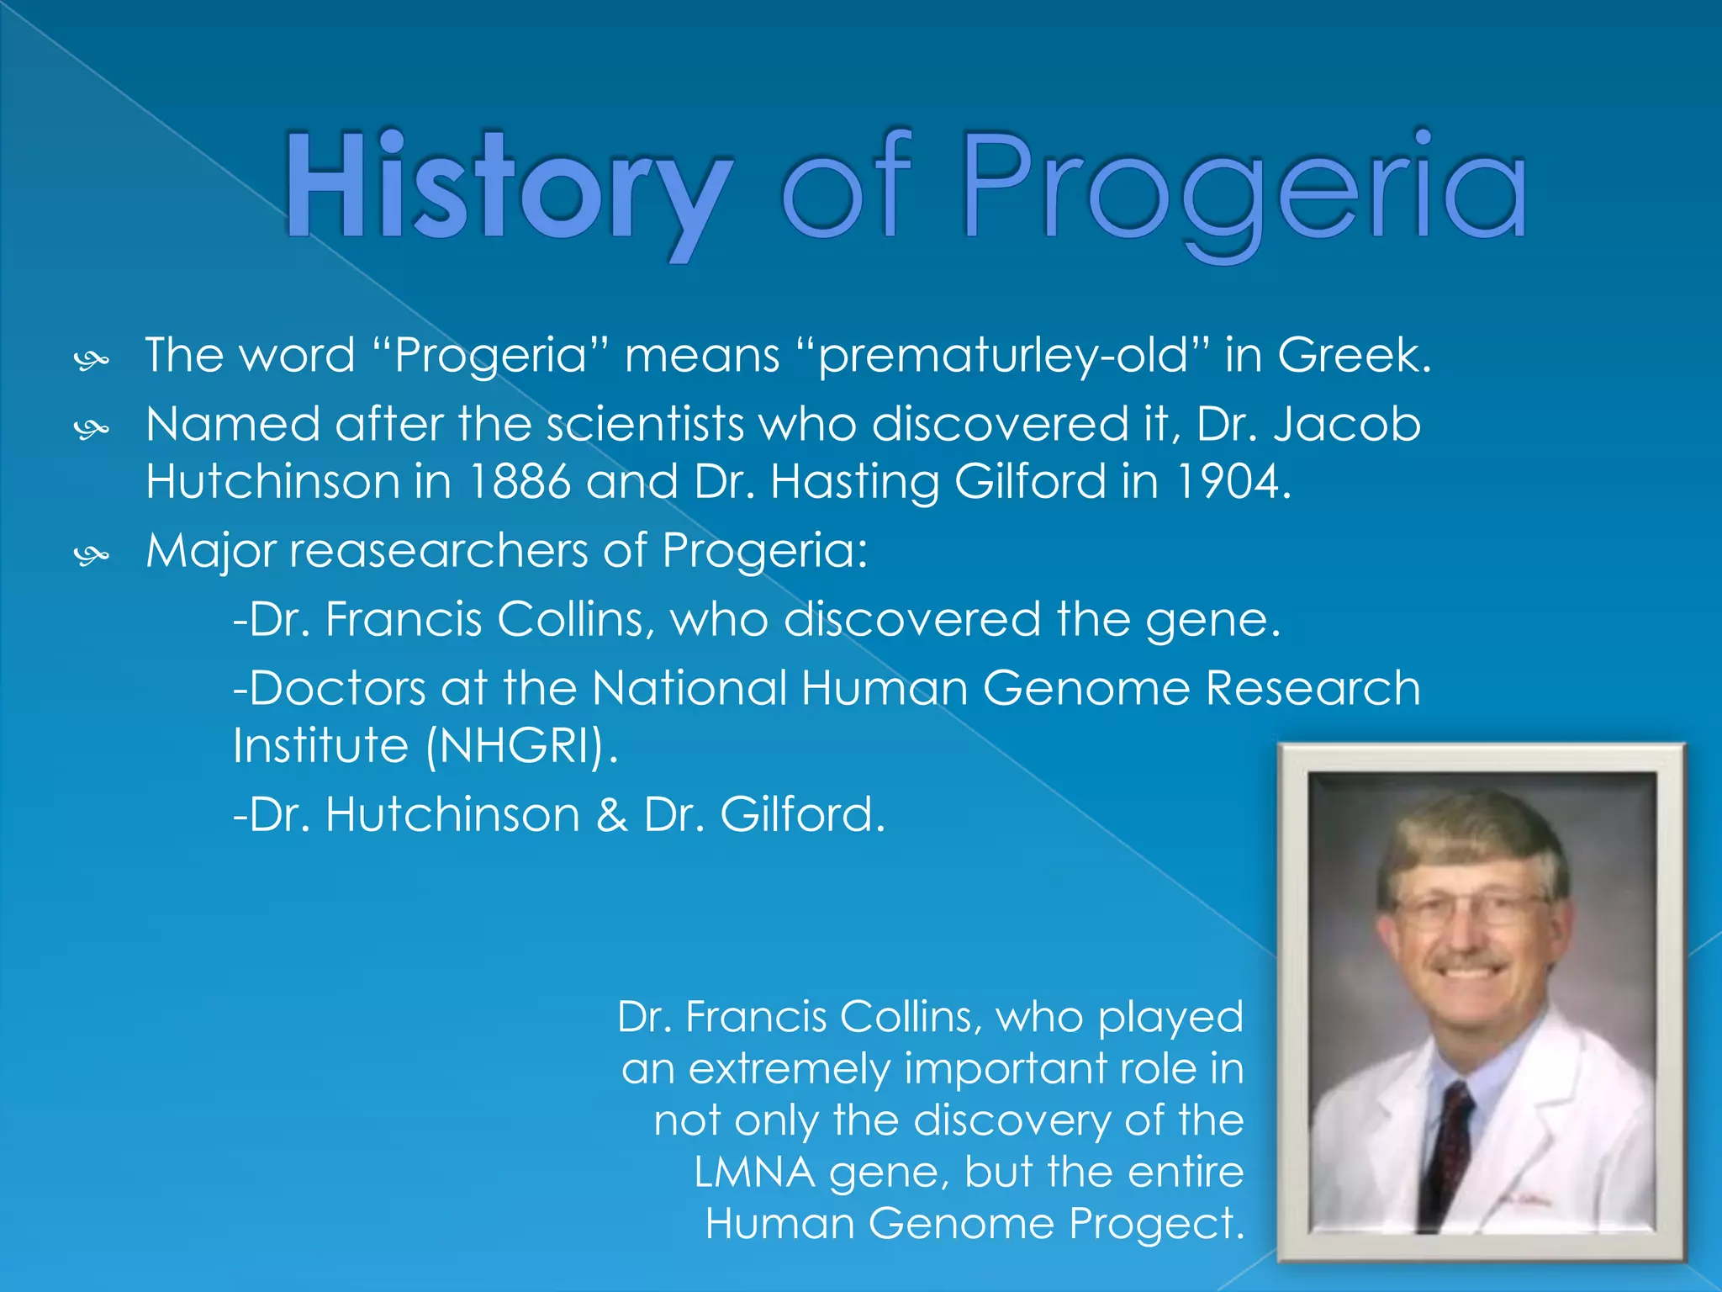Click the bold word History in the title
(x=508, y=189)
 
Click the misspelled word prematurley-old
(x=1005, y=356)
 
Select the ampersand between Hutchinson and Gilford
(x=611, y=815)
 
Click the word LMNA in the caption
(x=754, y=1172)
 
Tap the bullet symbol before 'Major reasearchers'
(x=91, y=555)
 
